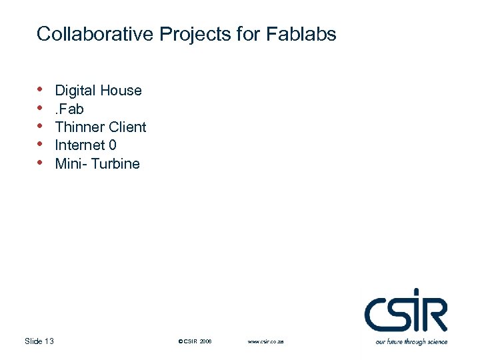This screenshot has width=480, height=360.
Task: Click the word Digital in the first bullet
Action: point(75,91)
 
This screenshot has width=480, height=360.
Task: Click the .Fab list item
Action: point(69,109)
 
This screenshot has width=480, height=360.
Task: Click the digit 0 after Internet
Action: point(113,145)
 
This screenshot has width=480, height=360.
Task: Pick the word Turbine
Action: point(116,163)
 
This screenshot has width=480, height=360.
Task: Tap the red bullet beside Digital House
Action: point(41,89)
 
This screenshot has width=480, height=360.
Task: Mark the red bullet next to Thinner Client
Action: point(41,125)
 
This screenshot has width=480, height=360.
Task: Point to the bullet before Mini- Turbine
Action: point(41,162)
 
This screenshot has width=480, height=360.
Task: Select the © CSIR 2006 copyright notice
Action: point(195,341)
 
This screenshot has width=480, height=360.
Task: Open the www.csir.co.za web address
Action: point(266,341)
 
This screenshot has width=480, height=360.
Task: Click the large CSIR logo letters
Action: point(405,313)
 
